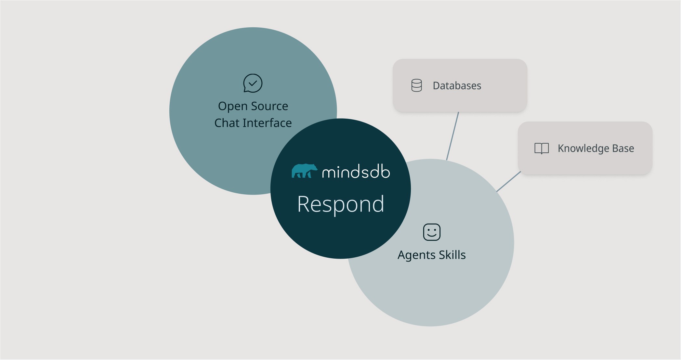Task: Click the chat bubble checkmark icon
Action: pyautogui.click(x=253, y=83)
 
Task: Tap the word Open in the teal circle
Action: pyautogui.click(x=233, y=106)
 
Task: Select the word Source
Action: pyautogui.click(x=269, y=106)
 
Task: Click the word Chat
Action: pyautogui.click(x=227, y=123)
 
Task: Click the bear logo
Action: pyautogui.click(x=304, y=171)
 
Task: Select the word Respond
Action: pyautogui.click(x=341, y=204)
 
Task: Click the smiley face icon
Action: pyautogui.click(x=432, y=232)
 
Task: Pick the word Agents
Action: pyautogui.click(x=416, y=255)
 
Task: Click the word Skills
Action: pyautogui.click(x=452, y=255)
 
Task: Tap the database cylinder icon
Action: pyautogui.click(x=416, y=85)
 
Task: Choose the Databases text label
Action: pyautogui.click(x=457, y=86)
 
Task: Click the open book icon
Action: pyautogui.click(x=542, y=148)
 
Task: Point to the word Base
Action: pyautogui.click(x=623, y=148)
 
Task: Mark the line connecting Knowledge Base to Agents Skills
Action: pyautogui.click(x=508, y=182)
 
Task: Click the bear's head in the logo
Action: pyautogui.click(x=313, y=168)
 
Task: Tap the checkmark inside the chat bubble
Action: pyautogui.click(x=253, y=83)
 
